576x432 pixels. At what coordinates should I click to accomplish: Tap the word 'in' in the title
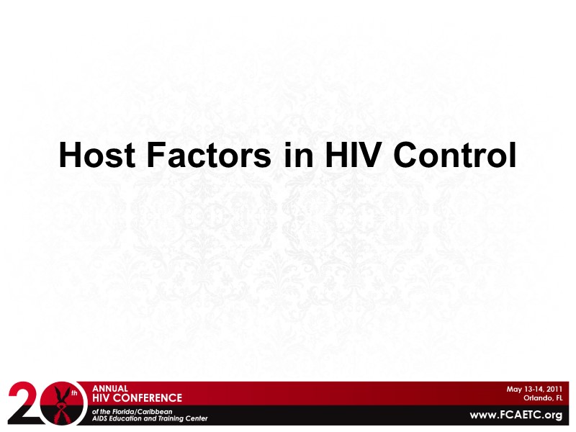[294, 155]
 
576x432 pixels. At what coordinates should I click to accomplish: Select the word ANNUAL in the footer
[110, 388]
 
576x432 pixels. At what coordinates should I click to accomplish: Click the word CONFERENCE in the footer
[150, 397]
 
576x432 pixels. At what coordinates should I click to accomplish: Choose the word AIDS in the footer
[102, 418]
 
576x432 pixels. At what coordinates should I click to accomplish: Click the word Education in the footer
[134, 418]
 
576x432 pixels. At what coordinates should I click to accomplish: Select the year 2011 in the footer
[552, 389]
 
